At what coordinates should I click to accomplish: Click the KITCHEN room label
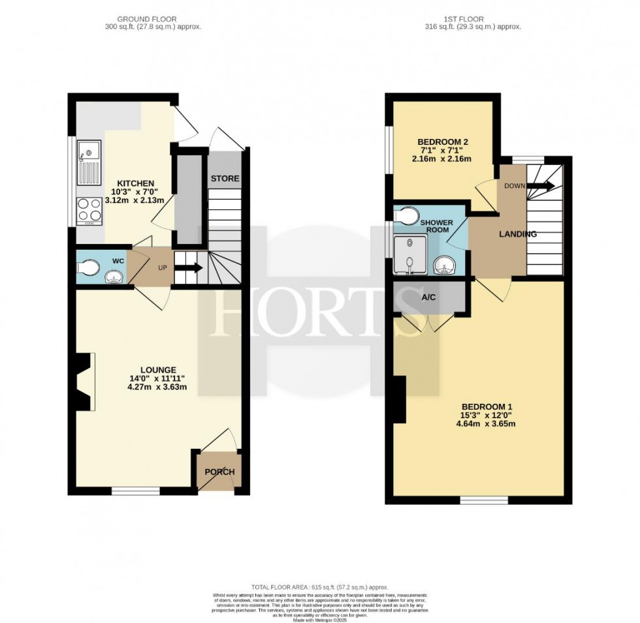136,183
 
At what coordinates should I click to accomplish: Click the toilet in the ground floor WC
88,267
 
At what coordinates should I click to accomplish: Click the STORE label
225,178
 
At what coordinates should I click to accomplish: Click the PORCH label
219,472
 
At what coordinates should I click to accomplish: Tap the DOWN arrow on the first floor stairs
541,185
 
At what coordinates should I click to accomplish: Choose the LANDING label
518,234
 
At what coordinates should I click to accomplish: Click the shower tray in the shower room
408,256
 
